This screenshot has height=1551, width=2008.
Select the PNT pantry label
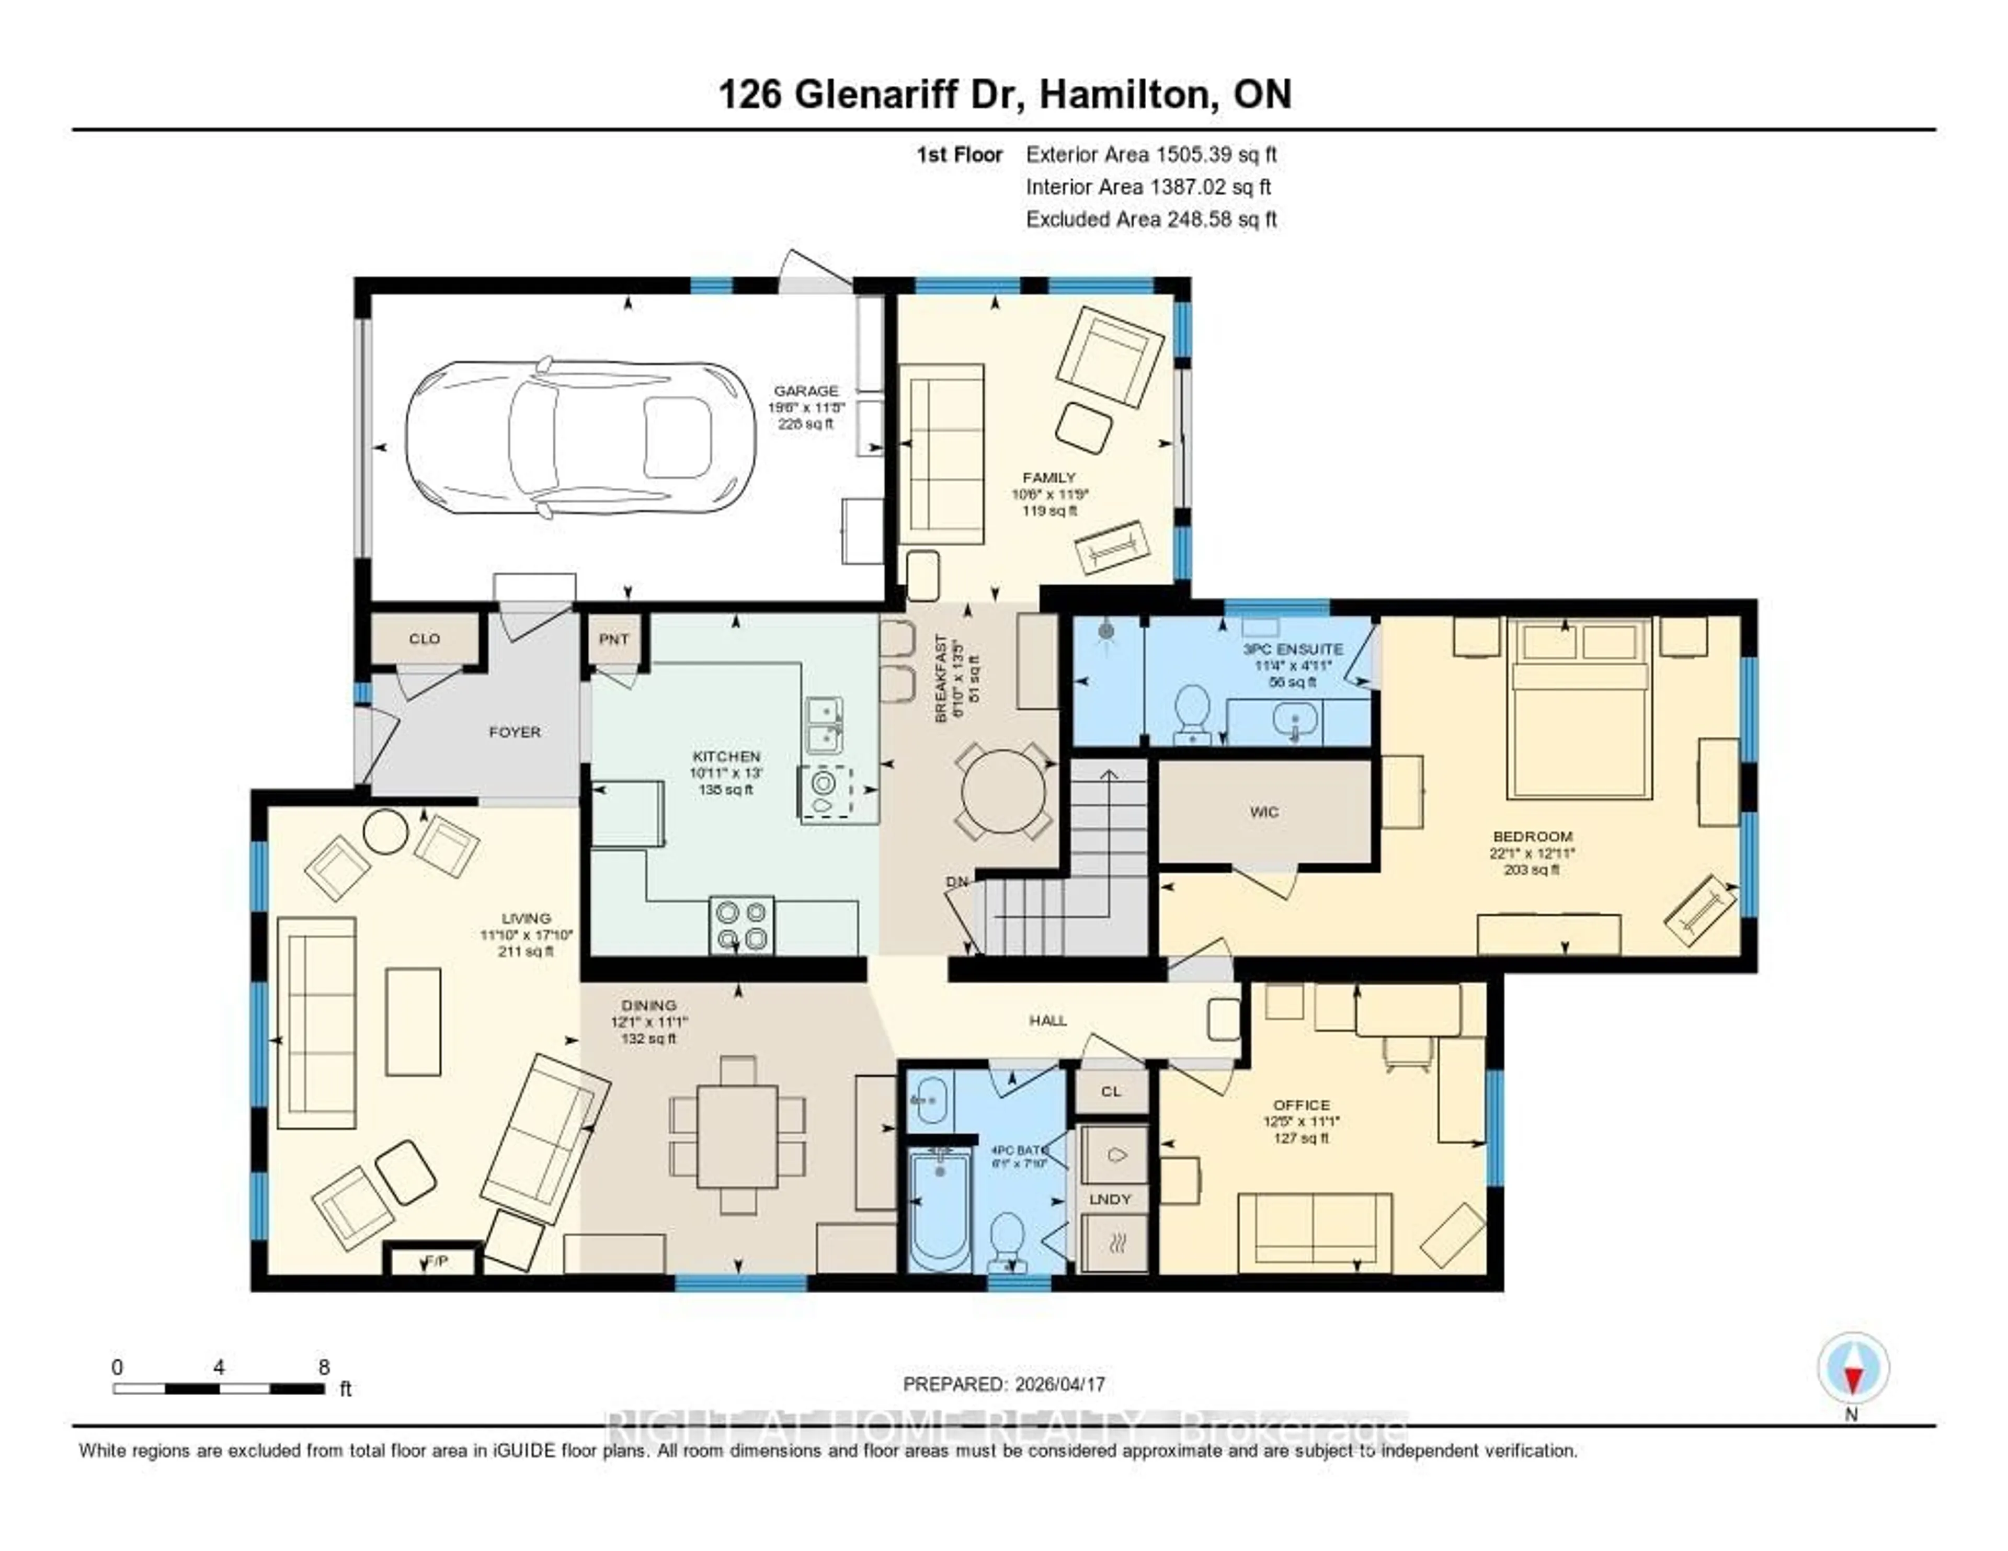(x=613, y=639)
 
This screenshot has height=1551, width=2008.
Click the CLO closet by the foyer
(x=424, y=638)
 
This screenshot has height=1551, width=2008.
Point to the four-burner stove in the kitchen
(x=741, y=925)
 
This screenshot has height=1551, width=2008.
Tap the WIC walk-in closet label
(x=1264, y=812)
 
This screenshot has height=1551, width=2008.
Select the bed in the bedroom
(x=1579, y=708)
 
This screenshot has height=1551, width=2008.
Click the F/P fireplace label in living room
(x=436, y=1261)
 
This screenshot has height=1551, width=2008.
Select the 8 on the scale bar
(x=324, y=1367)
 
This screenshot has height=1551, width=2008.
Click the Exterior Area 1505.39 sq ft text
(x=1151, y=154)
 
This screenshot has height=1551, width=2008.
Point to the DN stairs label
(x=957, y=882)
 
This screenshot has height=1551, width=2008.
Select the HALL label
(x=1047, y=1020)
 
